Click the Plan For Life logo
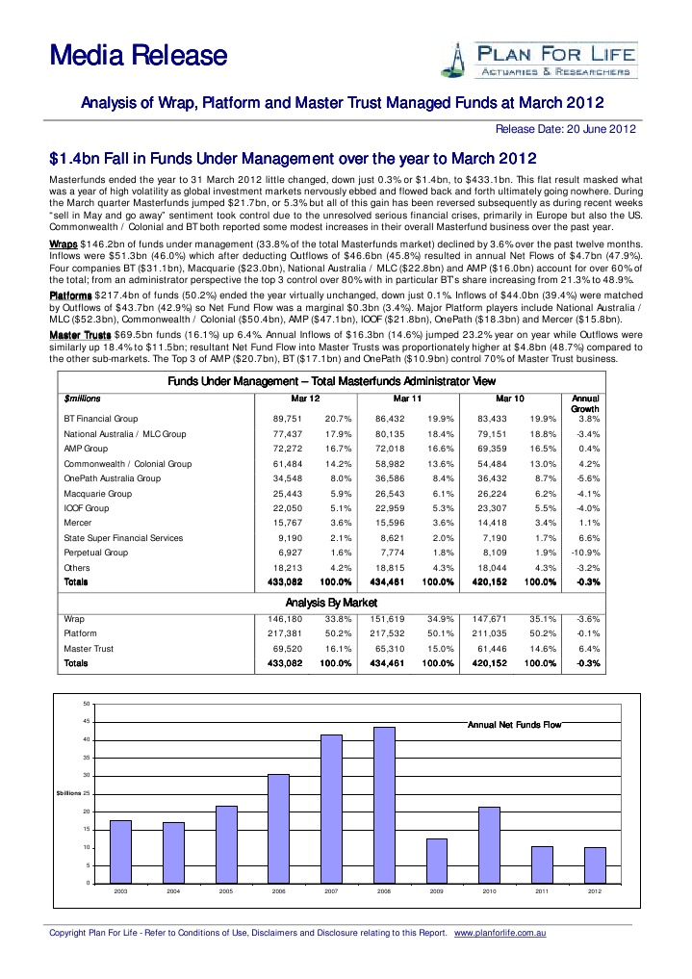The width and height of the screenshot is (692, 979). [538, 59]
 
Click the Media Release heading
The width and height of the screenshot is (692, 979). [138, 56]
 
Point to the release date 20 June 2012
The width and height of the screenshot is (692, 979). [565, 129]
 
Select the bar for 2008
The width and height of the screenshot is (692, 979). [384, 805]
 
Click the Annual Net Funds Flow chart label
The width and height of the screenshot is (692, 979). [513, 724]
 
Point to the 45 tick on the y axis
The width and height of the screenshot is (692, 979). [88, 721]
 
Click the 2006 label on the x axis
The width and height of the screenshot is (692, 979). [279, 892]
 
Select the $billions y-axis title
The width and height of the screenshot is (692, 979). [71, 793]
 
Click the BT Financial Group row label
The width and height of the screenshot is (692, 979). [100, 419]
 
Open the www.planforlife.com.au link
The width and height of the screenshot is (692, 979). [500, 933]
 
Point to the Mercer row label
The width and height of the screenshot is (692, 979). [78, 523]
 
